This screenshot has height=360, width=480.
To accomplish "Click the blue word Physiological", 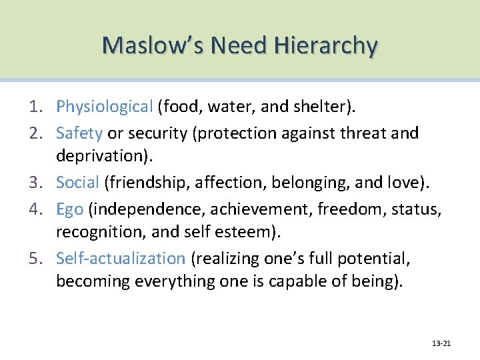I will click(105, 107).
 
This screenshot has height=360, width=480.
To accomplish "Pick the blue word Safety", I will click(79, 133).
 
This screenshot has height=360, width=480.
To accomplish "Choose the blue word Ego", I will click(69, 209).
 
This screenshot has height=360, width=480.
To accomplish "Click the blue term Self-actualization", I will click(120, 258).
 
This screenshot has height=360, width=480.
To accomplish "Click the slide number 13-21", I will click(441, 343).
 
